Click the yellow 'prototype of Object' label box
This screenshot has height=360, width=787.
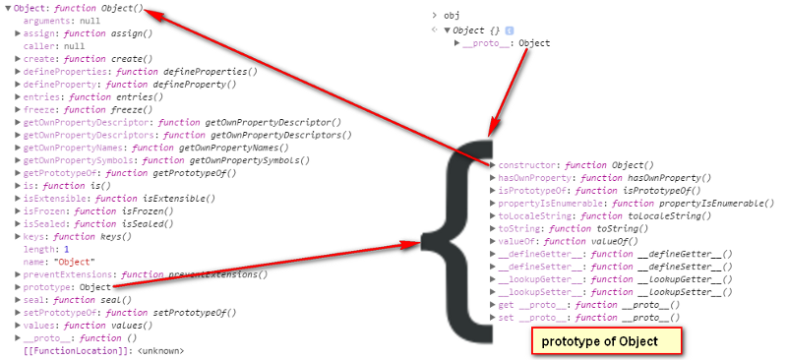pos(606,341)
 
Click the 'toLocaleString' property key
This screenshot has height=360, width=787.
pos(534,215)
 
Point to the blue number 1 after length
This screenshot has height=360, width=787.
pos(66,249)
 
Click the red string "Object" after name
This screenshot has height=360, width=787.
pos(77,262)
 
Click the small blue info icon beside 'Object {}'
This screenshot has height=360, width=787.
pos(510,30)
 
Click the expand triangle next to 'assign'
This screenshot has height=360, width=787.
pos(18,33)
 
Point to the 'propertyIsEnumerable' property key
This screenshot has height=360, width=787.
pos(550,204)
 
